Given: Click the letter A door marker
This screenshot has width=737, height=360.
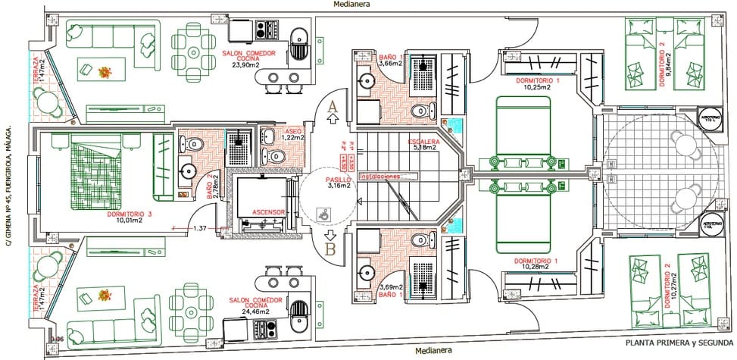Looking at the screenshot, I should (x=330, y=108).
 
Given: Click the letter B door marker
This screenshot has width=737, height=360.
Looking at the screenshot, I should (x=330, y=246).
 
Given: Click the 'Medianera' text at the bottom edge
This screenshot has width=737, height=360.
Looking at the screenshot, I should (x=434, y=351).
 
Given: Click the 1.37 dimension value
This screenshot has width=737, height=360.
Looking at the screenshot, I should (x=200, y=228).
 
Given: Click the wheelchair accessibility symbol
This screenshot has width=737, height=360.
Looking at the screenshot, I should (x=324, y=214).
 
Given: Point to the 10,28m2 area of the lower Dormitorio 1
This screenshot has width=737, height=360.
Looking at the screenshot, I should (x=536, y=267).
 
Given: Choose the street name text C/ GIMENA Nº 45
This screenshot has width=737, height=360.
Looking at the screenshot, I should (x=9, y=186).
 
